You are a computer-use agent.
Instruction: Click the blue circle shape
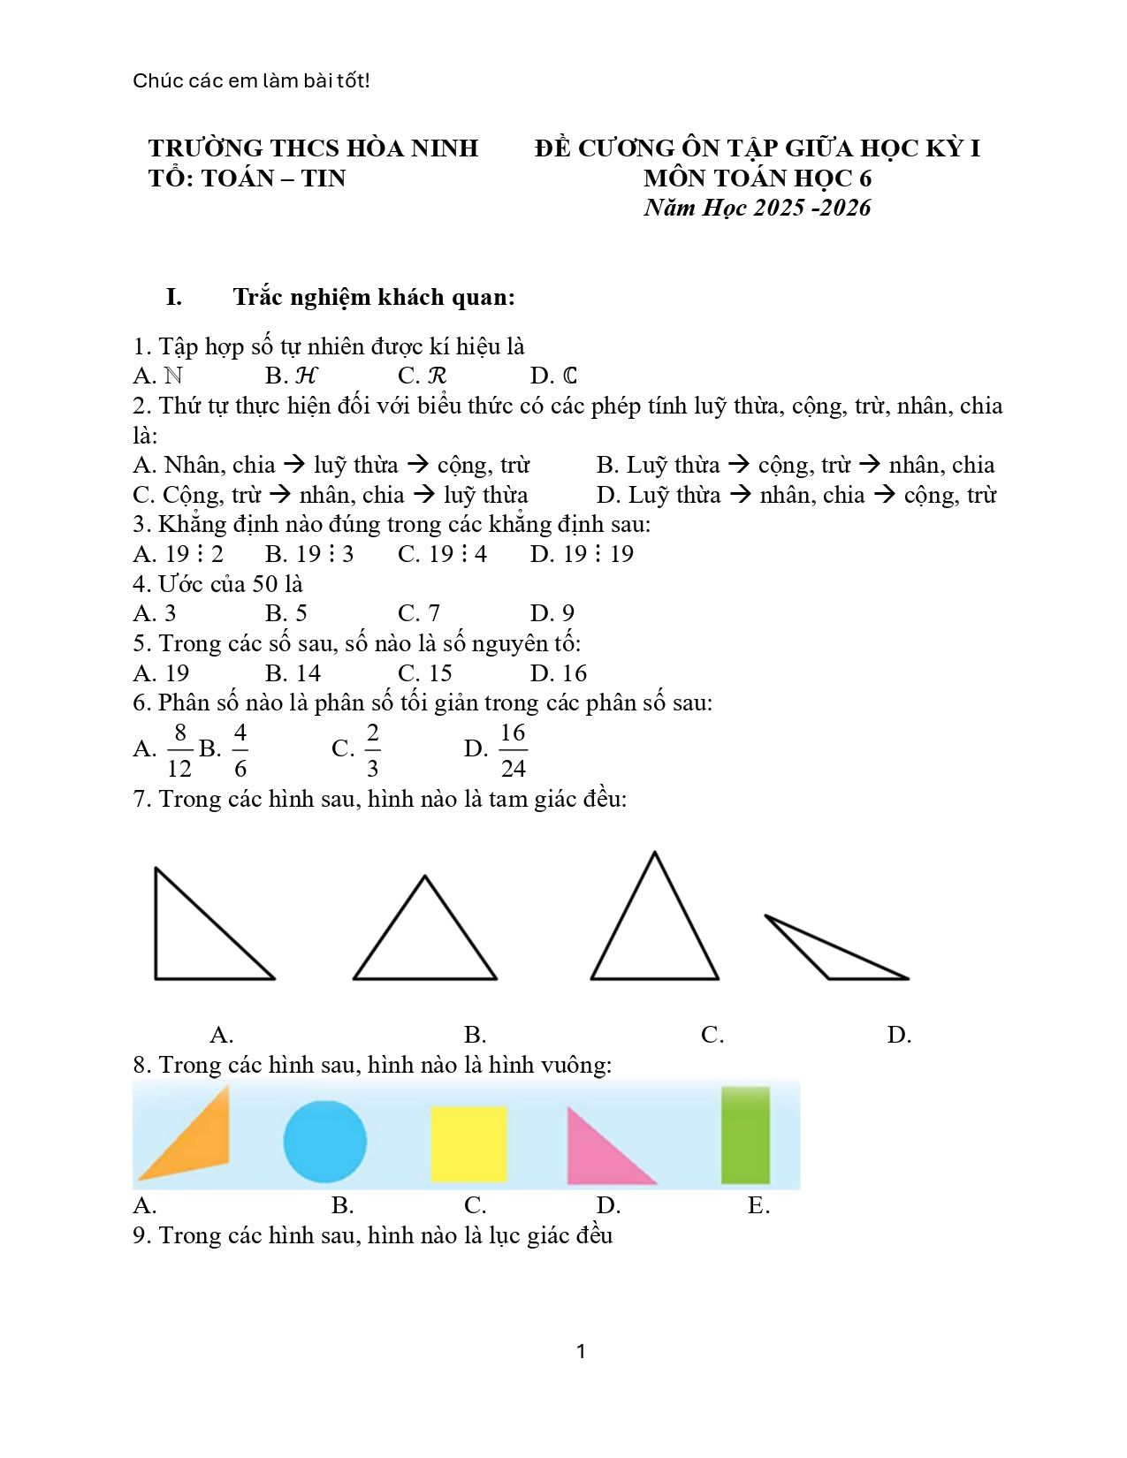tap(324, 1141)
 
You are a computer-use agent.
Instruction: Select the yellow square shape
tap(468, 1143)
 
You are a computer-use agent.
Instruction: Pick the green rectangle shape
tap(745, 1135)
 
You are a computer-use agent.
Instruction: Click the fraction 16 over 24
tap(513, 750)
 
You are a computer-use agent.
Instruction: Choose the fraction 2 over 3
tap(372, 750)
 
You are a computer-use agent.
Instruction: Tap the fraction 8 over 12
tap(179, 750)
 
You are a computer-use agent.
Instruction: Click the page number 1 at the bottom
tap(581, 1351)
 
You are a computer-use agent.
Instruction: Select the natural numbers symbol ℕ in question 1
tap(173, 376)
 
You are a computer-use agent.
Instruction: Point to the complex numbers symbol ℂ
tap(569, 376)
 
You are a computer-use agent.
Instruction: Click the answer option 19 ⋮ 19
tap(583, 554)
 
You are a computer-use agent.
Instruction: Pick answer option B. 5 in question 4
tap(286, 613)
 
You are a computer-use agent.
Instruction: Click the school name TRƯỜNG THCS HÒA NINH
tap(313, 148)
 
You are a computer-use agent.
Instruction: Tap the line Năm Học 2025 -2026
tap(758, 208)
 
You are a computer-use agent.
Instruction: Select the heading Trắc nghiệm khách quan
tap(373, 297)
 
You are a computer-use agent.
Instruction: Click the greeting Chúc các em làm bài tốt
tap(251, 80)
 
